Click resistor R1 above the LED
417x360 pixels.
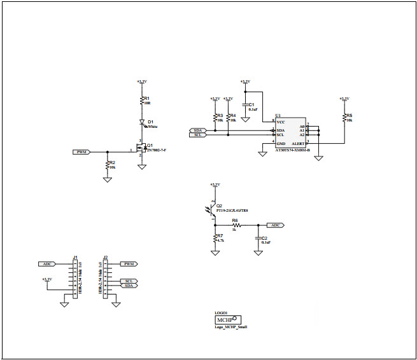pyautogui.click(x=142, y=100)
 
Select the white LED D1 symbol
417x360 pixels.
pyautogui.click(x=142, y=122)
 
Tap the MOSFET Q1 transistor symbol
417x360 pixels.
pyautogui.click(x=141, y=148)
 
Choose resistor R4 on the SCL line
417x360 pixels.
pyautogui.click(x=229, y=117)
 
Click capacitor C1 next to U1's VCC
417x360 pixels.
pyautogui.click(x=245, y=107)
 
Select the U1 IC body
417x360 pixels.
pyautogui.click(x=290, y=134)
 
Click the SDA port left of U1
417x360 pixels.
pyautogui.click(x=198, y=130)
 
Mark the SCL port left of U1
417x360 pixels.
pyautogui.click(x=198, y=135)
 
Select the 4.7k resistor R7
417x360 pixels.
pyautogui.click(x=214, y=239)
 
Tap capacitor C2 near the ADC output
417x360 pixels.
pyautogui.click(x=258, y=239)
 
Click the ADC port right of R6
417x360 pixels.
pyautogui.click(x=276, y=225)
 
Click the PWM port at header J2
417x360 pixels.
pyautogui.click(x=128, y=263)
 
